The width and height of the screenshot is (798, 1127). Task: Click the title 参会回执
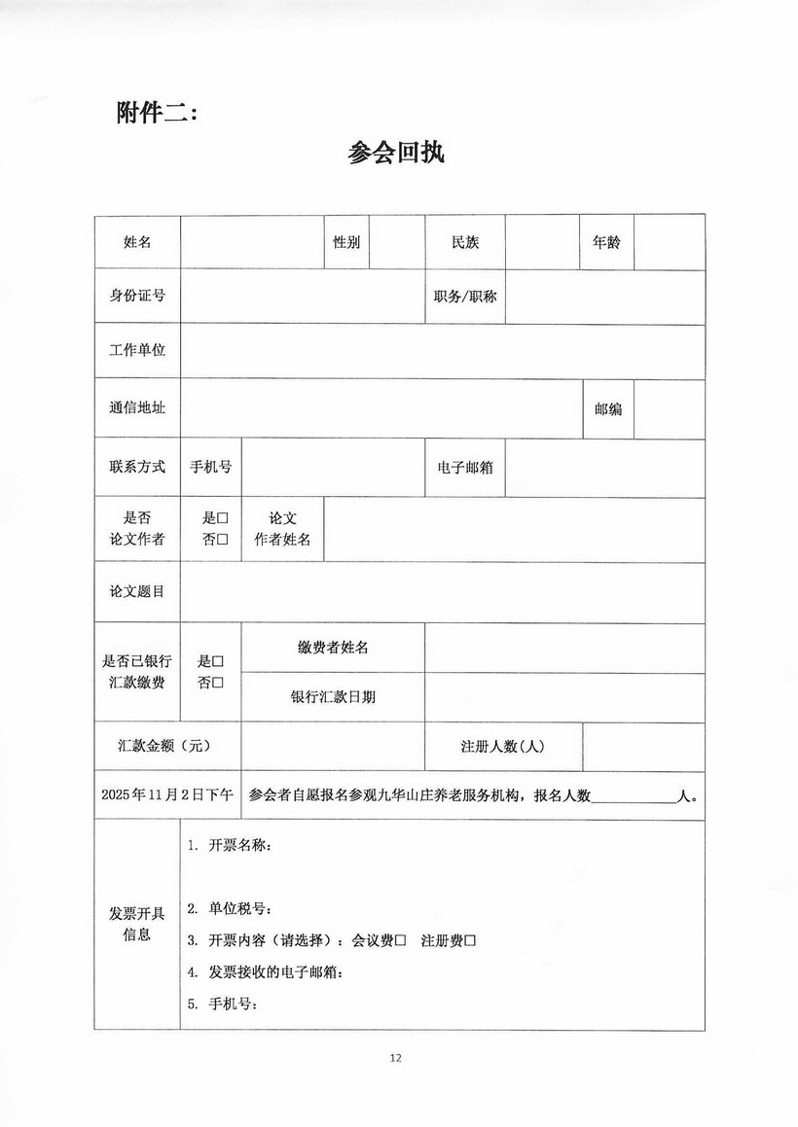pos(396,153)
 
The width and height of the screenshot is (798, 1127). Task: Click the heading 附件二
pos(157,113)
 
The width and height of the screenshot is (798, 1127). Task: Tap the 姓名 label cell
pos(137,242)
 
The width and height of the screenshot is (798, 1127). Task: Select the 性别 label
pos(346,242)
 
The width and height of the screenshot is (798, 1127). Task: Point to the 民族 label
pos(465,242)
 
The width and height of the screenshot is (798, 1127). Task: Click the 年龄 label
pos(606,242)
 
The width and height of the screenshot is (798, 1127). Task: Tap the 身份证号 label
pos(137,296)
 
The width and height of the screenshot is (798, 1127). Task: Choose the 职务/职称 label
pos(465,296)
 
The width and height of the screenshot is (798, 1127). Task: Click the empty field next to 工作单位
pos(442,351)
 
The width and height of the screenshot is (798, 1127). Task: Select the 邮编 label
pos(608,409)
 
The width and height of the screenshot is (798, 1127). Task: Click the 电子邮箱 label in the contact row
pos(465,468)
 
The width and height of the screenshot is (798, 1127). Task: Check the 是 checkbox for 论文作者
pos(222,519)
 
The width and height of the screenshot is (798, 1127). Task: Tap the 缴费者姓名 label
pos(333,648)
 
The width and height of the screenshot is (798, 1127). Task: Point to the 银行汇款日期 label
pos(333,697)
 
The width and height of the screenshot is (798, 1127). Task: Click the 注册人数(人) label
pos(502,747)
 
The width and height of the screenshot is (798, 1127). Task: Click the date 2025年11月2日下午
pos(166,794)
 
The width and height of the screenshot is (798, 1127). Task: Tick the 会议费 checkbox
pos(400,941)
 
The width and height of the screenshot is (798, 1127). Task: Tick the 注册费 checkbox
pos(469,941)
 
